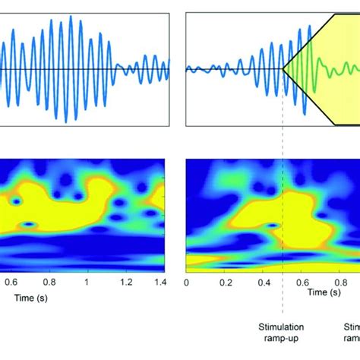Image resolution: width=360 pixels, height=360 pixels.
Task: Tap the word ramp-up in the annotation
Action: click(282, 339)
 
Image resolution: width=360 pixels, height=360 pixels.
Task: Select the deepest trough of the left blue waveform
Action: click(65, 122)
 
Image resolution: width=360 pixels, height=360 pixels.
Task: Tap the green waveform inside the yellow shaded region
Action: click(330, 73)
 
